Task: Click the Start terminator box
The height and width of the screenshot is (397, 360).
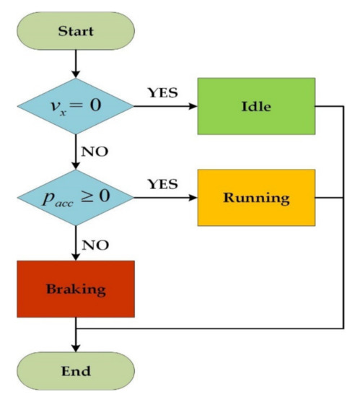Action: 75,32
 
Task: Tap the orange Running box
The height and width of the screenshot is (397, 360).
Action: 256,196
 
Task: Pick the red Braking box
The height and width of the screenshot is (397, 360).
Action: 76,289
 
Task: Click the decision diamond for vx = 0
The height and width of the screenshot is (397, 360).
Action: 75,105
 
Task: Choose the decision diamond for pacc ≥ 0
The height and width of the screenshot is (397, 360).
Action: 75,196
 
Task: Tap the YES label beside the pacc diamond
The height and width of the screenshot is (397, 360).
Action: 162,184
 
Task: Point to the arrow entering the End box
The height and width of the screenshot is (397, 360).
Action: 75,341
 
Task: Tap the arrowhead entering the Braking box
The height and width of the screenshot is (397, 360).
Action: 75,255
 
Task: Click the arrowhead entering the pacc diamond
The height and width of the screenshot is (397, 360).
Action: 75,165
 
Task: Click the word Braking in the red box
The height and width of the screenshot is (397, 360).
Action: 76,289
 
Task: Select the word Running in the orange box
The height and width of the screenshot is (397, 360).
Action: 256,196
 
